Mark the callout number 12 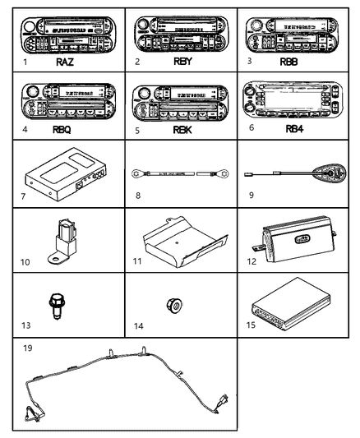click(253, 260)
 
